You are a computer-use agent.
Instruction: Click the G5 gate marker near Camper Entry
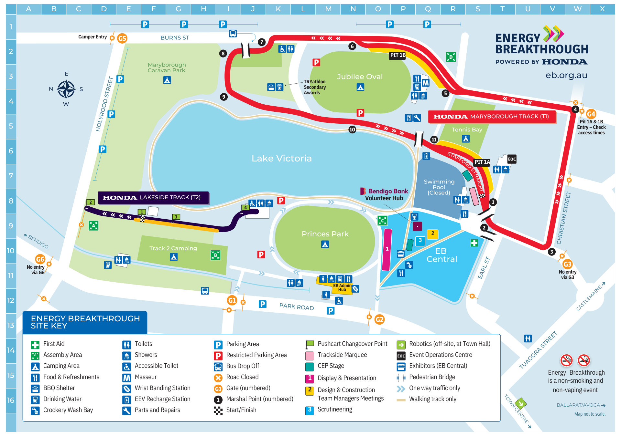pos(122,38)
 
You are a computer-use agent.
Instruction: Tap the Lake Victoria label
pos(281,158)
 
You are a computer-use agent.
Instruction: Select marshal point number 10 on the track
pos(352,130)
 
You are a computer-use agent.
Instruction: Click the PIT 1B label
pos(398,55)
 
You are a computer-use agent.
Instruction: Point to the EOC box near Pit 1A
pos(512,159)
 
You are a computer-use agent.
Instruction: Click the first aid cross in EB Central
pos(474,243)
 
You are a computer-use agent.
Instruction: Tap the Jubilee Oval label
pos(360,77)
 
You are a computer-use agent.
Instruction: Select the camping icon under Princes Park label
pos(325,244)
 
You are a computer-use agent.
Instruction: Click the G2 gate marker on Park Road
pos(379,320)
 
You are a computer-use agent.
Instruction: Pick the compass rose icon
pos(66,89)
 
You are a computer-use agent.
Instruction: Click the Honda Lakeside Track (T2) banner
pos(153,197)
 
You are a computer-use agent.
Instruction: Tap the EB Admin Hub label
pos(342,287)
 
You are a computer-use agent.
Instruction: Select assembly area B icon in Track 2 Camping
pos(215,255)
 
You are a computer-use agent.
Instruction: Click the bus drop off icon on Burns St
pos(233,33)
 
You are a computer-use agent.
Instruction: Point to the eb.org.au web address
pos(566,75)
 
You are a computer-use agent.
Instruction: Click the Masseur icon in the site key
pos(127,378)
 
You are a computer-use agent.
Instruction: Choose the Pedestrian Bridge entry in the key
pos(432,377)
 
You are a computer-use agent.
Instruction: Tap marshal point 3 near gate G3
pos(552,252)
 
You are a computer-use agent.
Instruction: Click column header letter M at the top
pos(328,9)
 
